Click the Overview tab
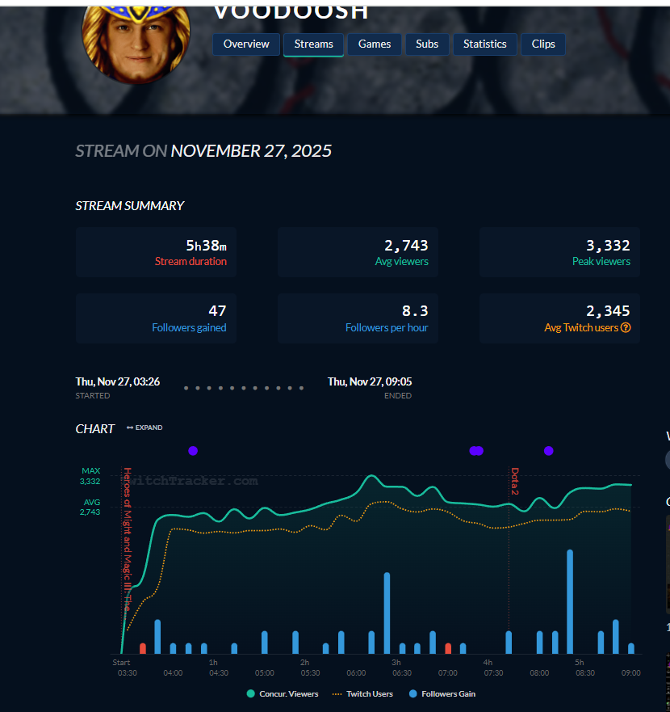click(247, 44)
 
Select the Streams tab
click(314, 44)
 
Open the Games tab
click(375, 44)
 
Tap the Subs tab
click(427, 44)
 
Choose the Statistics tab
click(485, 44)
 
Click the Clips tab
click(543, 44)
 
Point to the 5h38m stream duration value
click(206, 246)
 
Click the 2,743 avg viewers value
click(406, 246)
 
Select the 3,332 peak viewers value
click(608, 246)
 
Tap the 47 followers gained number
click(217, 311)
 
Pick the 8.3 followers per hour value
click(414, 311)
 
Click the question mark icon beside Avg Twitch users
click(626, 328)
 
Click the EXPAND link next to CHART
click(144, 428)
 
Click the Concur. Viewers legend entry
click(283, 693)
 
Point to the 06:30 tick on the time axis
click(402, 672)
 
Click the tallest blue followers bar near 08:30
click(570, 602)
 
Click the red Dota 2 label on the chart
click(514, 481)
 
